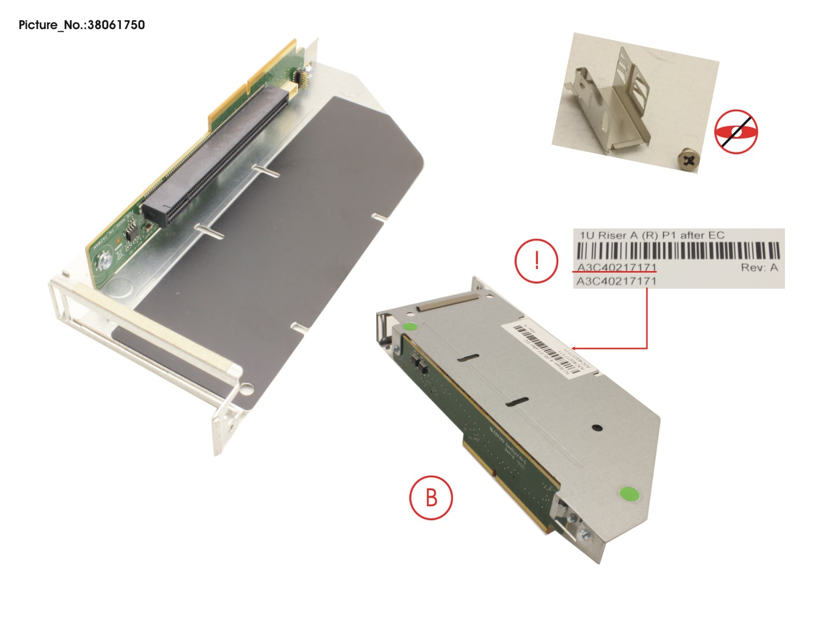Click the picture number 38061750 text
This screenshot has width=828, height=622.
[x=81, y=25]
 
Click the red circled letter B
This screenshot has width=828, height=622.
[x=431, y=497]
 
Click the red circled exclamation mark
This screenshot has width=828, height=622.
[x=536, y=260]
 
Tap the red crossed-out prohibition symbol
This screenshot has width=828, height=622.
[x=736, y=131]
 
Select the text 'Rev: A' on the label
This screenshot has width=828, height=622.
[x=759, y=268]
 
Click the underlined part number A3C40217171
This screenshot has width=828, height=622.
[x=616, y=268]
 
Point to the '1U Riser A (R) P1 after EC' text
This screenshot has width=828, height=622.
[x=651, y=235]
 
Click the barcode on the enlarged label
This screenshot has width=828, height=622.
[x=678, y=252]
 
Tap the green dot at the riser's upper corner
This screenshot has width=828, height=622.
[x=409, y=328]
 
